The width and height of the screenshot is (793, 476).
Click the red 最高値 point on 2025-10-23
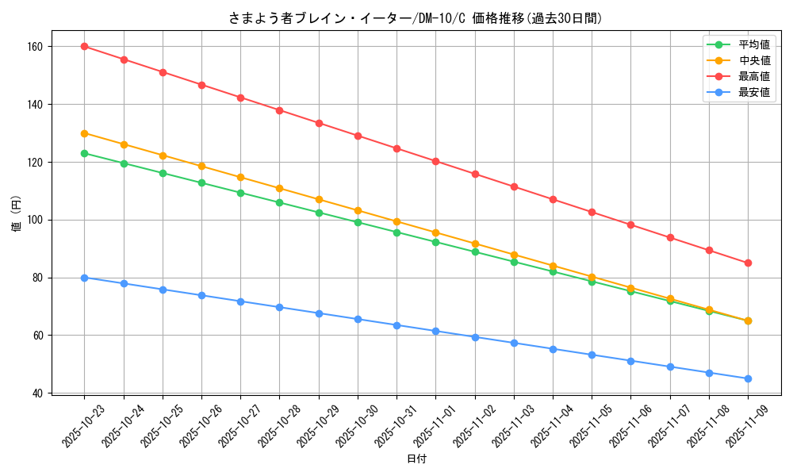[x=84, y=46]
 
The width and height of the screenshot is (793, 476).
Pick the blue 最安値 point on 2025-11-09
[x=748, y=378]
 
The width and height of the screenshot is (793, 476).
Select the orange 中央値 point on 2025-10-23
[x=84, y=133]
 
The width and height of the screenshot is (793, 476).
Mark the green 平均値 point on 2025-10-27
[x=240, y=193]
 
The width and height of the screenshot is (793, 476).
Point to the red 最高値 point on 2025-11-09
[x=748, y=263]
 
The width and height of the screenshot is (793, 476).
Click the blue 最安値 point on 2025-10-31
[x=396, y=325]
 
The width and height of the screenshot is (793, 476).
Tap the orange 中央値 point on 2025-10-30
[x=358, y=210]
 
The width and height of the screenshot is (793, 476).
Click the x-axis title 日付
[x=416, y=459]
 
